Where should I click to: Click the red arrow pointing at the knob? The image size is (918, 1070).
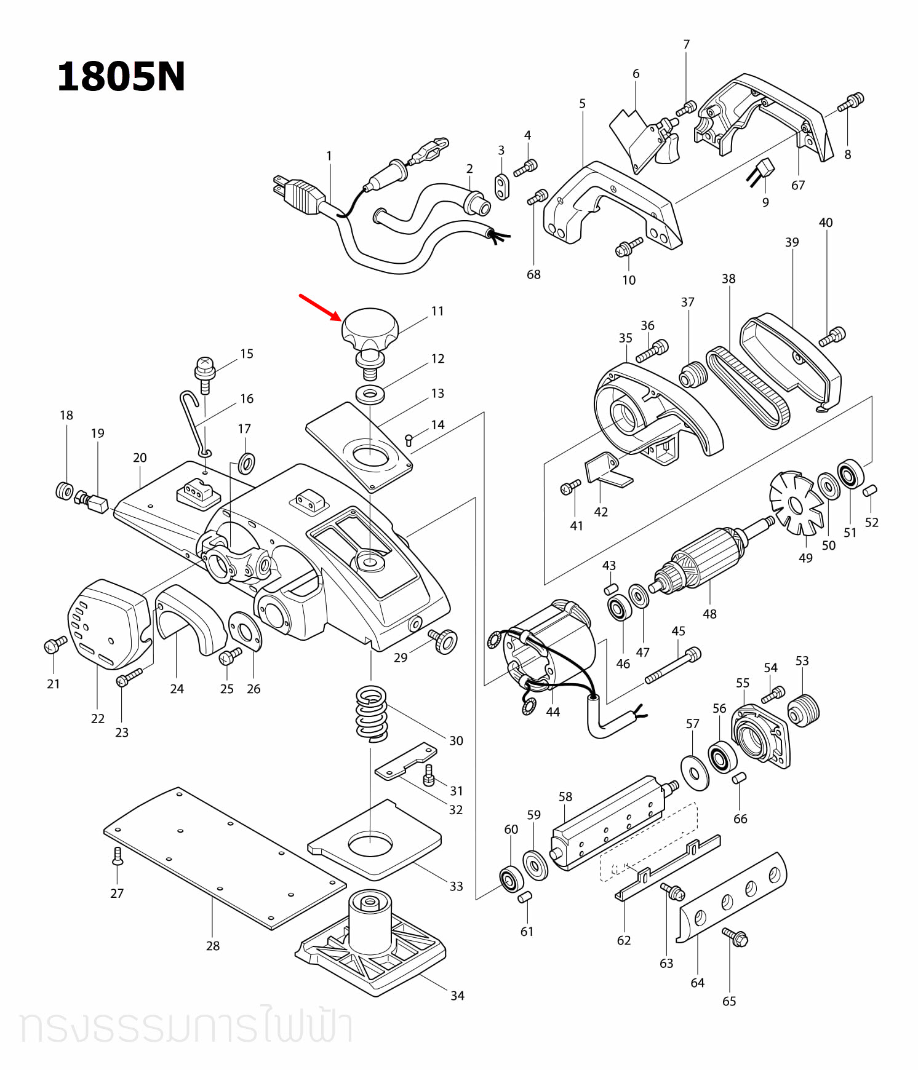(x=320, y=307)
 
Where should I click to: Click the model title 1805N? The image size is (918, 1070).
(x=121, y=77)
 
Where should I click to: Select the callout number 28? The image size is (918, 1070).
(x=213, y=946)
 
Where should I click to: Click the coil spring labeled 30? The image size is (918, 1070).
(x=372, y=713)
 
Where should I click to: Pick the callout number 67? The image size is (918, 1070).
(x=798, y=185)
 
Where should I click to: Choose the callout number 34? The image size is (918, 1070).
(x=457, y=996)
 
